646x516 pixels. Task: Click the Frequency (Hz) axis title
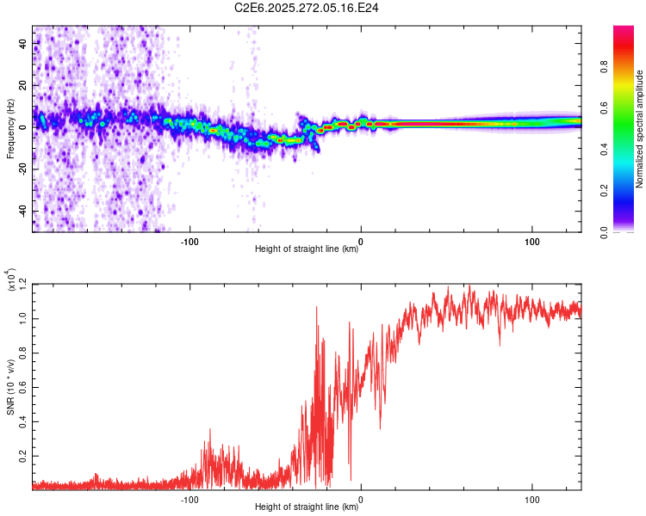point(10,129)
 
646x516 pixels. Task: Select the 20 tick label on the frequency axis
point(24,85)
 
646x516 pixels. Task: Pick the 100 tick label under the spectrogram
point(532,242)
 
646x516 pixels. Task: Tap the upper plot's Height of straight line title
point(307,250)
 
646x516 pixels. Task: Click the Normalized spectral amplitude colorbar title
point(640,129)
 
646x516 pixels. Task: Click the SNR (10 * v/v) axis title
point(10,387)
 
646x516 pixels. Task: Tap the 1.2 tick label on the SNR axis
point(21,283)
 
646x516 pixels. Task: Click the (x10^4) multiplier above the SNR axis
point(10,280)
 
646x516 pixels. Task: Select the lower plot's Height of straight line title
point(307,507)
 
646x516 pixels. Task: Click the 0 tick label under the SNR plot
point(361,499)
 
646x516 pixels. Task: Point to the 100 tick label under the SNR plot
point(532,499)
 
